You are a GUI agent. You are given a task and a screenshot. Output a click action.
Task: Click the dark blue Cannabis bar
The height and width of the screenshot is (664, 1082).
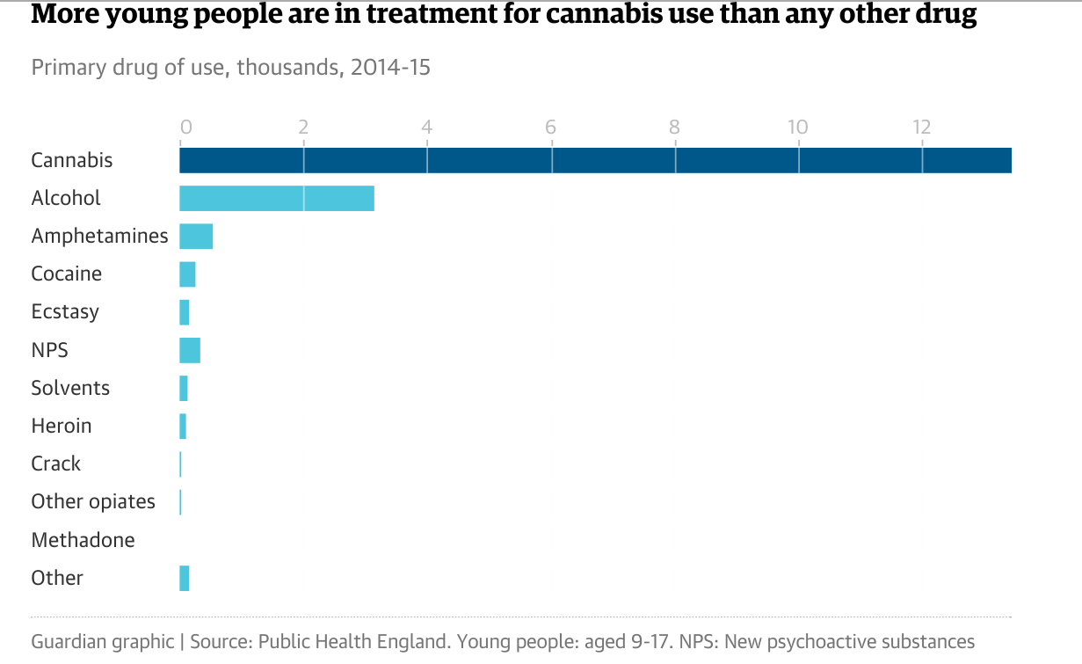(595, 161)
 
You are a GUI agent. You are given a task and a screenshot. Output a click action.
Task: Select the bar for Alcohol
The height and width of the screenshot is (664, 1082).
(277, 199)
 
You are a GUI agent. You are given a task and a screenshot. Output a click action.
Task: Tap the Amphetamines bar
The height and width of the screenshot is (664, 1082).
(196, 237)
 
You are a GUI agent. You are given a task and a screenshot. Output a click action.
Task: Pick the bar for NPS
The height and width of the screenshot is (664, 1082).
(190, 350)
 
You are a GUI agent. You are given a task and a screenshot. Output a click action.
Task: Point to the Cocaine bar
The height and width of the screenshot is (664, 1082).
(187, 274)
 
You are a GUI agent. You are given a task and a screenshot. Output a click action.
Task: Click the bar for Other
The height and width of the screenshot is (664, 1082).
(185, 578)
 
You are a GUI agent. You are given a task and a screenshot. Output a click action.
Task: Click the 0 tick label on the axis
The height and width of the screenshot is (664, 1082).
(185, 127)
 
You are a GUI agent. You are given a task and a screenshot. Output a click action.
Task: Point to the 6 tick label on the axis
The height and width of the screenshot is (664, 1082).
(551, 127)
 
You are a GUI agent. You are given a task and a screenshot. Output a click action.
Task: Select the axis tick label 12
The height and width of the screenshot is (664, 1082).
(920, 127)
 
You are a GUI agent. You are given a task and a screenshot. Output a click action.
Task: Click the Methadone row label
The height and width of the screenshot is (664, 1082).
(83, 540)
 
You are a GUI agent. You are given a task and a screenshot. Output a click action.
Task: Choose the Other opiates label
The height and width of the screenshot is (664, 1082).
(93, 502)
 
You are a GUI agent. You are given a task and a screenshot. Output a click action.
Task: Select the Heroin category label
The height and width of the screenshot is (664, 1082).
(62, 427)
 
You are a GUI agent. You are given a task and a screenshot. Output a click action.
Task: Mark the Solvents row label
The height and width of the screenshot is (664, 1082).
(70, 388)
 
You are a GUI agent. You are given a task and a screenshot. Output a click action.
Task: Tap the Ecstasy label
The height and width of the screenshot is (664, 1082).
(65, 312)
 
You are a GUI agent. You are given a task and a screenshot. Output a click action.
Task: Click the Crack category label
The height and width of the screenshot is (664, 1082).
(55, 464)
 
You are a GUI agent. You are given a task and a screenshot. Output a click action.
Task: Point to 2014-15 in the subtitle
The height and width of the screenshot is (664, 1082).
(390, 68)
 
